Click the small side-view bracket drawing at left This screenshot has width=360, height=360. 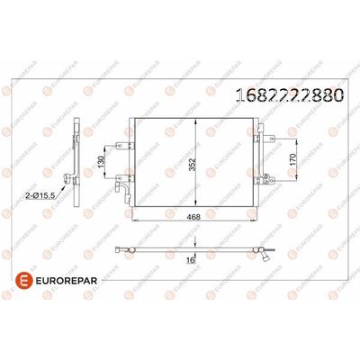tap(79, 157)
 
